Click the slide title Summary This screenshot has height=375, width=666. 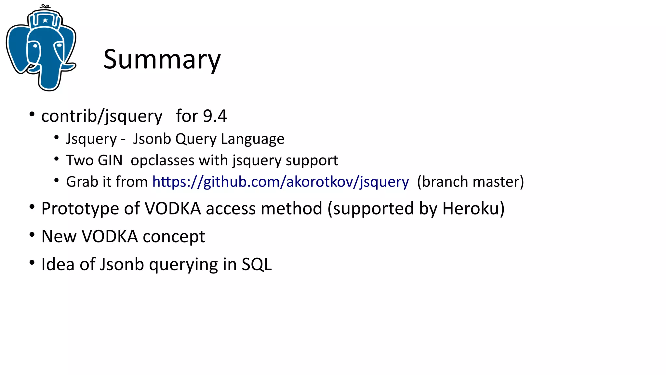(162, 59)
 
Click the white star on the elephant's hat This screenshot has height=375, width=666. (45, 21)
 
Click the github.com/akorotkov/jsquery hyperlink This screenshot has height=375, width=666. (280, 182)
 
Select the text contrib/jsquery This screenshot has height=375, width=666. (101, 116)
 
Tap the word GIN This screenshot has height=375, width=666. (110, 160)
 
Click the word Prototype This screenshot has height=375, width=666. (80, 209)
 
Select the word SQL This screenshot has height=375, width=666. (257, 264)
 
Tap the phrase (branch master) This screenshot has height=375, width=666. (470, 182)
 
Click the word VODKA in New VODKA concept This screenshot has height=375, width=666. (110, 236)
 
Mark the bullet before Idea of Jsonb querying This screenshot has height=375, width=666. (32, 262)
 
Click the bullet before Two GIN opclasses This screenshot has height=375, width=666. (57, 159)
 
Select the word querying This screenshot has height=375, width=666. (183, 265)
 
